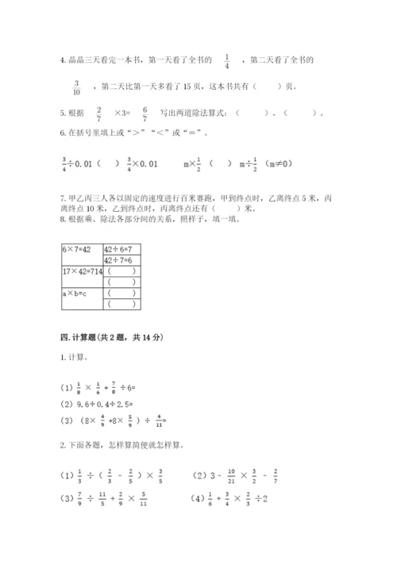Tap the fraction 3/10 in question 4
pyautogui.click(x=77, y=86)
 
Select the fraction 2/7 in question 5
pyautogui.click(x=98, y=113)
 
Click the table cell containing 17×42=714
pyautogui.click(x=82, y=271)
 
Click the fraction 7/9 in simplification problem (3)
pyautogui.click(x=80, y=498)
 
